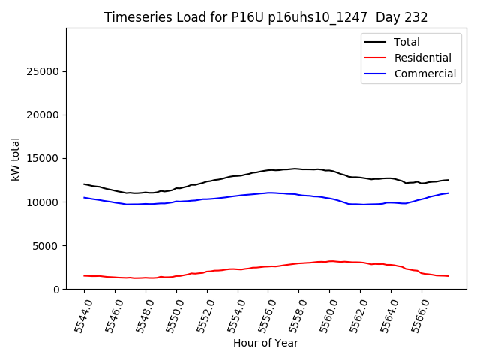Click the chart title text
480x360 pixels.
click(x=266, y=17)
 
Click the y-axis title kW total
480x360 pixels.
click(x=16, y=158)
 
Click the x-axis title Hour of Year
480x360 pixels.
click(x=265, y=343)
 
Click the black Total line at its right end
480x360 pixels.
click(x=448, y=180)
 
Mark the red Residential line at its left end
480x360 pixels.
click(x=84, y=275)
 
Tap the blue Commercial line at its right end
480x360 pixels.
click(x=448, y=193)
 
